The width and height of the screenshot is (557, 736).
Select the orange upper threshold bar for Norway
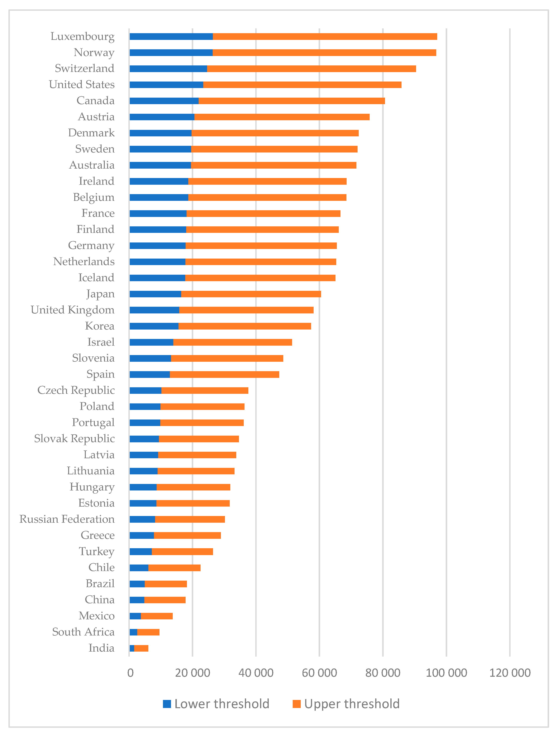pyautogui.click(x=324, y=53)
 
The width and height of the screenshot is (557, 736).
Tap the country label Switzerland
pyautogui.click(x=85, y=68)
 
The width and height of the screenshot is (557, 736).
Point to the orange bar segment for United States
pyautogui.click(x=302, y=85)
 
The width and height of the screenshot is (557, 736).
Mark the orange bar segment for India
pyautogui.click(x=141, y=648)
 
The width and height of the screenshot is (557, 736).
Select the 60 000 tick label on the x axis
pyautogui.click(x=319, y=673)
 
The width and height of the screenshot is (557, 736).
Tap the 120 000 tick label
pyautogui.click(x=510, y=673)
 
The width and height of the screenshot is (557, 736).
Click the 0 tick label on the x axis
pyautogui.click(x=130, y=673)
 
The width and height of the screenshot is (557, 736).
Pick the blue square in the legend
pyautogui.click(x=167, y=704)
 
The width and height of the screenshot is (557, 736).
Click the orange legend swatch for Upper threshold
pyautogui.click(x=297, y=704)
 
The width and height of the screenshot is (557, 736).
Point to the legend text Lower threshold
pyautogui.click(x=222, y=704)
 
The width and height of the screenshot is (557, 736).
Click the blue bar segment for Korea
pyautogui.click(x=154, y=326)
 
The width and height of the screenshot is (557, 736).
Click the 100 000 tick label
pyautogui.click(x=446, y=673)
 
